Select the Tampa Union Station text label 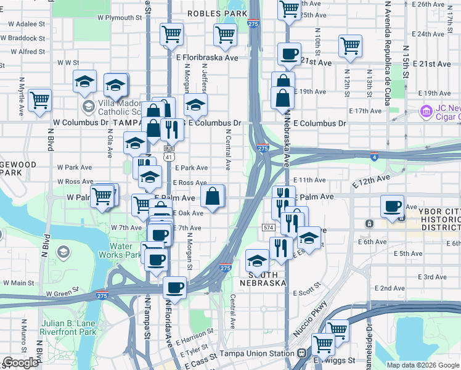(x=257, y=354)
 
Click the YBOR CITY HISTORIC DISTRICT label (x=440, y=220)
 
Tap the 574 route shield (x=267, y=228)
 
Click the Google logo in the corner (x=20, y=363)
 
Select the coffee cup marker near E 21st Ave (x=288, y=54)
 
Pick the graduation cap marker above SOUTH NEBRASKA (x=257, y=260)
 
